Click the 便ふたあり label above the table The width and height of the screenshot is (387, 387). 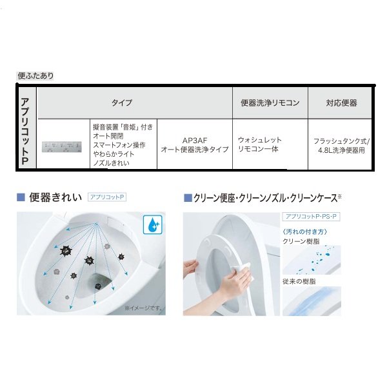(x=35, y=75)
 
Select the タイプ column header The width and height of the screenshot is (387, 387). (x=122, y=103)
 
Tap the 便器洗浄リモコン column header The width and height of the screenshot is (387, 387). (x=270, y=103)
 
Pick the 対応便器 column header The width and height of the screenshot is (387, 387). (x=341, y=103)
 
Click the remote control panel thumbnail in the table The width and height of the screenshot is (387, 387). (x=62, y=147)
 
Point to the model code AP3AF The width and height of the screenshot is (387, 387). (x=195, y=141)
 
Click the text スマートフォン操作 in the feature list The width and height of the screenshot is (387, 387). (x=119, y=145)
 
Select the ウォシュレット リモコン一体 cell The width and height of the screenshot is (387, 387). (x=260, y=144)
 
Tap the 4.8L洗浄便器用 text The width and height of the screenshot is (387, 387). (x=341, y=150)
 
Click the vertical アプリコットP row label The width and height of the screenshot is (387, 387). (x=25, y=131)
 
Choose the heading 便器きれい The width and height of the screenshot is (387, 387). (x=55, y=197)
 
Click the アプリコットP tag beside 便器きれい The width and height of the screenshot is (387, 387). (x=107, y=197)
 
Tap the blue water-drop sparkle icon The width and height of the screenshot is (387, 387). (x=153, y=224)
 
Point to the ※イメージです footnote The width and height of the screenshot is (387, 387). (x=143, y=308)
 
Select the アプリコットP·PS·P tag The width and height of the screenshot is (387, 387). (x=311, y=217)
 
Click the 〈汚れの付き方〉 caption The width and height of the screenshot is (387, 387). (x=305, y=232)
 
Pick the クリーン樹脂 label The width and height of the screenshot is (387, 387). (x=301, y=241)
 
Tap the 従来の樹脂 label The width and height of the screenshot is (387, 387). (x=299, y=281)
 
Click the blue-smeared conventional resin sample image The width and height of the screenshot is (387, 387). (x=312, y=301)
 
